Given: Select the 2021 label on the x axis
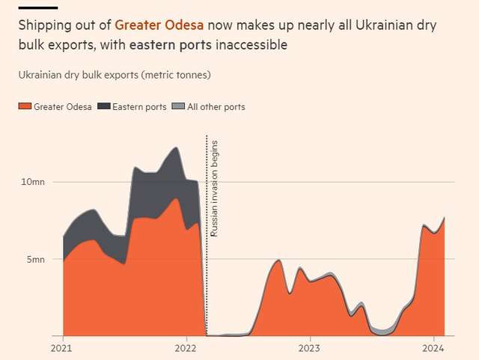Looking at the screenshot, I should click(x=61, y=348).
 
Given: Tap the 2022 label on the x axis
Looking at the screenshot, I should click(x=186, y=348).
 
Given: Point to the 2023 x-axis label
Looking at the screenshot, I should click(x=310, y=348).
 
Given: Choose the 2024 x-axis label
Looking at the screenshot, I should click(x=434, y=348).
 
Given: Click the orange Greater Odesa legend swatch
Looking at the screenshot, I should click(x=25, y=107).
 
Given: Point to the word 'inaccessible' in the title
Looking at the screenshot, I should click(x=251, y=45).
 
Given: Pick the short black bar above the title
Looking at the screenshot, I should click(x=37, y=7).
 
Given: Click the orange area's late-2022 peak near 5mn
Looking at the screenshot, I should click(x=278, y=261).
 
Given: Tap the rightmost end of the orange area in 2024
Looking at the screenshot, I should click(x=444, y=219).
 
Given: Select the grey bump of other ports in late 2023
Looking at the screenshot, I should click(x=382, y=330).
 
